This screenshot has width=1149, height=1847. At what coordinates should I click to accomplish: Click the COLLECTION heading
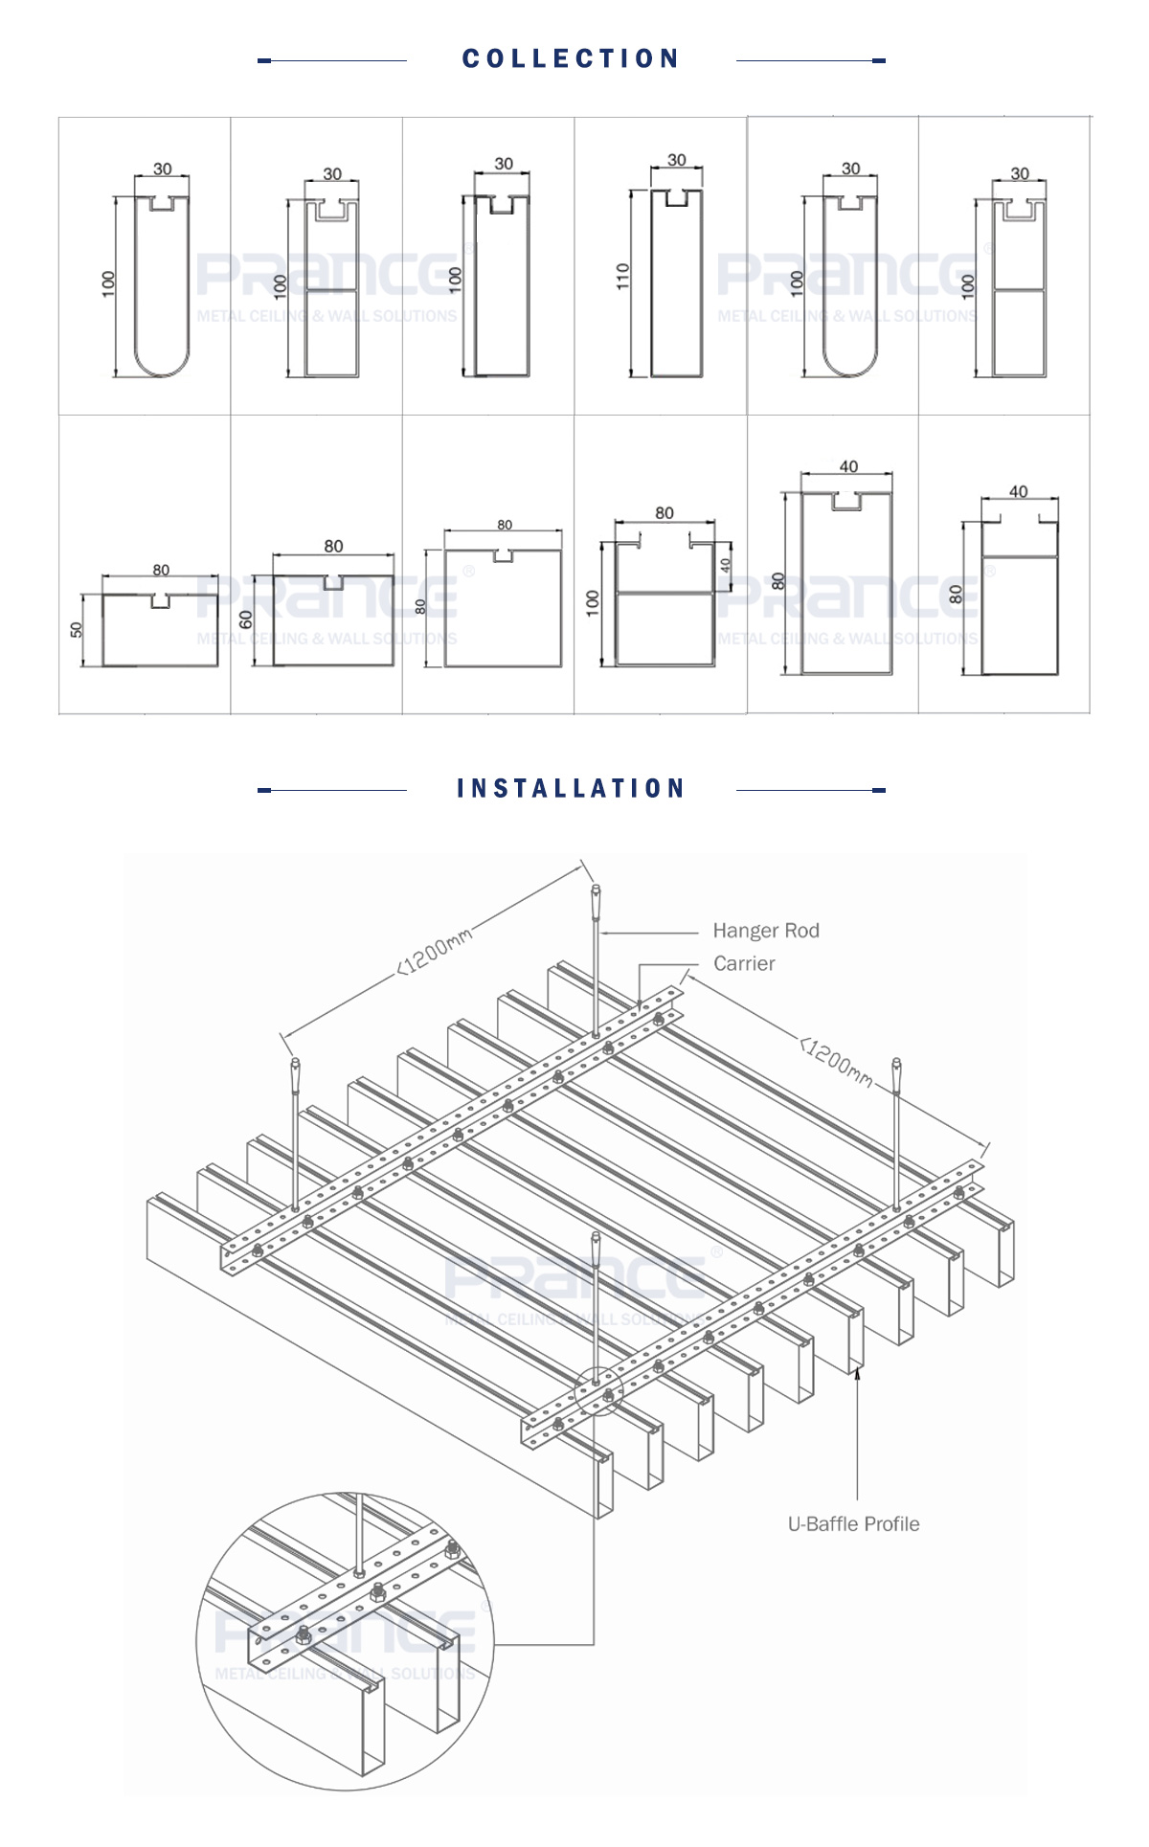(x=571, y=59)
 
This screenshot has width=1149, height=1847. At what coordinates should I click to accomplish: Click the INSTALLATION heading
(x=571, y=789)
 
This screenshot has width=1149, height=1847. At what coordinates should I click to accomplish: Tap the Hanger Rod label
(x=765, y=931)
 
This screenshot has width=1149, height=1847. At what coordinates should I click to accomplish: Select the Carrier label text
(x=744, y=964)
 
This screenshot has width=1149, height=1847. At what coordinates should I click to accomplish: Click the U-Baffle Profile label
(x=853, y=1524)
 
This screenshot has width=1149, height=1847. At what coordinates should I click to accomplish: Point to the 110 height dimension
(x=623, y=277)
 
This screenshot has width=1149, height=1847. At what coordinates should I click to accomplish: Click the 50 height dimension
(x=77, y=629)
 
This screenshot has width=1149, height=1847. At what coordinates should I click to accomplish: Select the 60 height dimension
(x=246, y=620)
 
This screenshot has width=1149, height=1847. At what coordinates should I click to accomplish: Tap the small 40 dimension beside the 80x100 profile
(x=725, y=566)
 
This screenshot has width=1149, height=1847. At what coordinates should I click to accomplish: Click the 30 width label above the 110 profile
(x=676, y=160)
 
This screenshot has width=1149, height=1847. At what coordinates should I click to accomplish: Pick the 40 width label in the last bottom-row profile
(x=1018, y=491)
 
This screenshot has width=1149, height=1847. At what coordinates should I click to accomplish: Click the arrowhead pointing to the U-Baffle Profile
(x=858, y=1374)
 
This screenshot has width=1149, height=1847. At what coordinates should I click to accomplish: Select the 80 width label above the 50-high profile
(x=161, y=570)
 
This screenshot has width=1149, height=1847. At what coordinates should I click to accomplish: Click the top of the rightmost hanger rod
(x=896, y=1064)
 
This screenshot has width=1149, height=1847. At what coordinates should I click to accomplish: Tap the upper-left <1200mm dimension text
(x=435, y=951)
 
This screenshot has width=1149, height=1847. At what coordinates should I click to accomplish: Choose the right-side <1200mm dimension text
(x=837, y=1062)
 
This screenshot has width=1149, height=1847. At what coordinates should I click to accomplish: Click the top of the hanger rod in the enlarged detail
(x=358, y=1499)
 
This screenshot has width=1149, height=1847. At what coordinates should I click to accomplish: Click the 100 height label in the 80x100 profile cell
(x=593, y=602)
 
